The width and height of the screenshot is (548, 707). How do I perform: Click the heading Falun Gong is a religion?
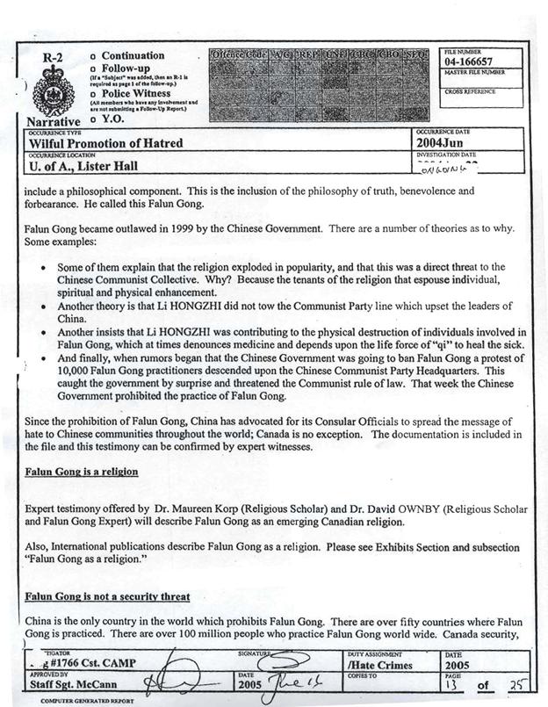coord(81,472)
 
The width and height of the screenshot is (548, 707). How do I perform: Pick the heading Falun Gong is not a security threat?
coord(107,596)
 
